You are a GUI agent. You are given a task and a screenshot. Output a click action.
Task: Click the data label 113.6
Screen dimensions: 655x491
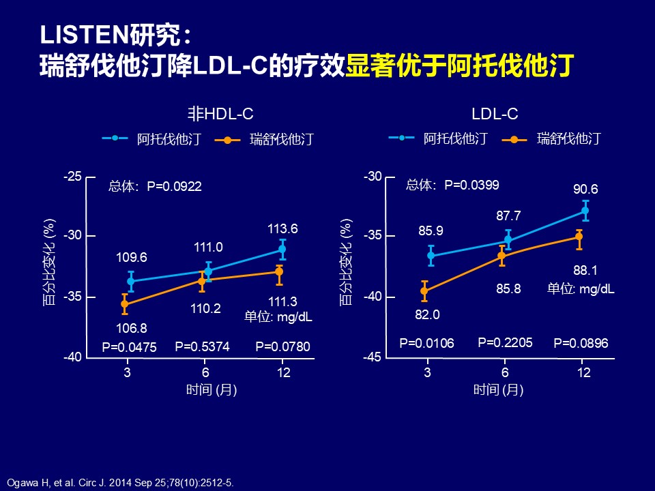pyautogui.click(x=282, y=229)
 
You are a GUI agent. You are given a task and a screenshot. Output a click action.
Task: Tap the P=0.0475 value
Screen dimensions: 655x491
pyautogui.click(x=129, y=347)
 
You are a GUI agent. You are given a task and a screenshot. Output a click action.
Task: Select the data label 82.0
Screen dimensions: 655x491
pyautogui.click(x=427, y=314)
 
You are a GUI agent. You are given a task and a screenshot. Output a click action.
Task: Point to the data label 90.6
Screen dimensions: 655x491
pyautogui.click(x=585, y=189)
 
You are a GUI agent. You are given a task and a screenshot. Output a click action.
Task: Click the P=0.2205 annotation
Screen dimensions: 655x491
pyautogui.click(x=505, y=343)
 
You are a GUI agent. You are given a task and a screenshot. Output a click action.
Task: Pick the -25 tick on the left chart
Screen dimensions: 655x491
pyautogui.click(x=73, y=177)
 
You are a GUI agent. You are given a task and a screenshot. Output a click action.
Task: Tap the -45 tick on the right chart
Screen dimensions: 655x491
pyautogui.click(x=373, y=357)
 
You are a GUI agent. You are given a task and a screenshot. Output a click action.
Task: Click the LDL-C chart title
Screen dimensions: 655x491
pyautogui.click(x=495, y=114)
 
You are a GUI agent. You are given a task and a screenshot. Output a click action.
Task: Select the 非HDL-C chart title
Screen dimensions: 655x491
pyautogui.click(x=220, y=114)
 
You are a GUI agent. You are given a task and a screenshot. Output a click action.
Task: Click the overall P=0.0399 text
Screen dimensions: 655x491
pyautogui.click(x=452, y=185)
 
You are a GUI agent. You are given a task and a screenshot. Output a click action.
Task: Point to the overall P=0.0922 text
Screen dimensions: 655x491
pyautogui.click(x=155, y=185)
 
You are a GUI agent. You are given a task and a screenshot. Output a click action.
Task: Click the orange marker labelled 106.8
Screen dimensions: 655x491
pyautogui.click(x=124, y=304)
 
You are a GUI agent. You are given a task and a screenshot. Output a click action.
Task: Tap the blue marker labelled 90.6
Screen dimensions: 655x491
pyautogui.click(x=585, y=211)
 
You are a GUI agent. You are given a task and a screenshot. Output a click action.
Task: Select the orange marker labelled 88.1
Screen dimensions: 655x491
pyautogui.click(x=579, y=237)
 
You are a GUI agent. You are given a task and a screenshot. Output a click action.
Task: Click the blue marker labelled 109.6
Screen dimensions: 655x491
pyautogui.click(x=131, y=281)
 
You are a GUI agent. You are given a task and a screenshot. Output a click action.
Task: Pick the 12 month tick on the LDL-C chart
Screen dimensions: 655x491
pyautogui.click(x=583, y=372)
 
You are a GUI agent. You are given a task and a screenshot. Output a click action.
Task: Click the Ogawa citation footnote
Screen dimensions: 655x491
pyautogui.click(x=120, y=483)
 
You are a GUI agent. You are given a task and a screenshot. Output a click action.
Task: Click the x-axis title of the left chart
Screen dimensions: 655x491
pyautogui.click(x=212, y=390)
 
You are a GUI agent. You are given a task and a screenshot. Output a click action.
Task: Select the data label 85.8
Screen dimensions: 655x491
pyautogui.click(x=508, y=288)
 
